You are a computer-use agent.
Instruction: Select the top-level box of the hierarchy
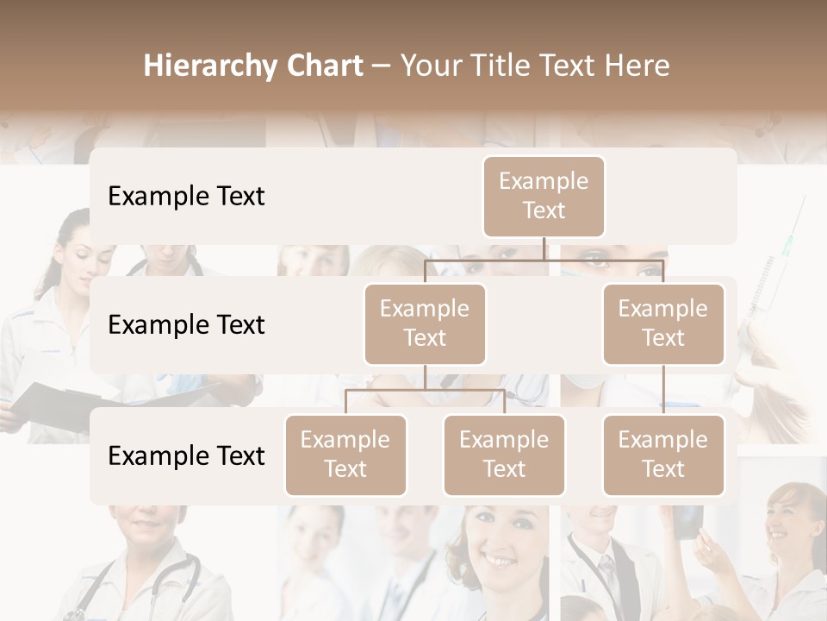coord(544,197)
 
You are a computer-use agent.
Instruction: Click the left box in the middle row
coord(425,324)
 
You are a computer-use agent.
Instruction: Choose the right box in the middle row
coord(663,324)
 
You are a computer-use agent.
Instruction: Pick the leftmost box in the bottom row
coord(345,455)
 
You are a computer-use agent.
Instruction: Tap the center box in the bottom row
coord(504,455)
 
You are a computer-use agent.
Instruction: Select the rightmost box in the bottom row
coord(663,455)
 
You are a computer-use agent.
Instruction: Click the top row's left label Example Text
coord(186,197)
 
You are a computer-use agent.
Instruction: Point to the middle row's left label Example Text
coord(186,325)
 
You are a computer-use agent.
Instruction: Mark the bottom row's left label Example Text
coord(186,456)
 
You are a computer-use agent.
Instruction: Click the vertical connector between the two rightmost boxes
coord(663,390)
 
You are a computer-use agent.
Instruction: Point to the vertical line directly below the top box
coord(544,248)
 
